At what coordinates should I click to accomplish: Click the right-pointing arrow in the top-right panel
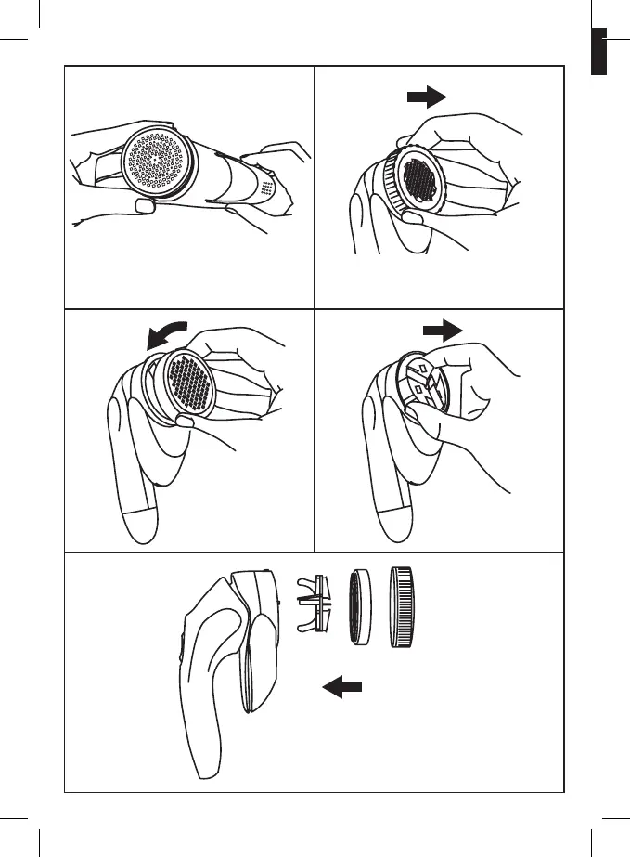click(x=428, y=97)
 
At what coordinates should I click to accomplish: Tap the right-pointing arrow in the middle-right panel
click(x=441, y=330)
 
